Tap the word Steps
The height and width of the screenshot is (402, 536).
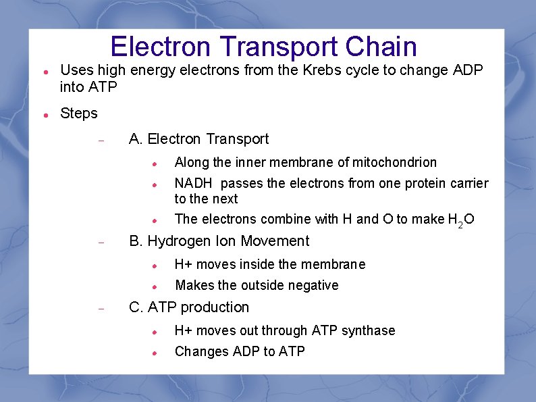click(79, 114)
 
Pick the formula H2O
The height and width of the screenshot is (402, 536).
click(461, 220)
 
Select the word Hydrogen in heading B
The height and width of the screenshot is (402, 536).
click(179, 241)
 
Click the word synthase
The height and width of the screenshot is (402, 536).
click(369, 330)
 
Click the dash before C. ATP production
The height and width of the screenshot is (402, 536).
click(100, 308)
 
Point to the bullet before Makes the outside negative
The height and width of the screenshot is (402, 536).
click(155, 286)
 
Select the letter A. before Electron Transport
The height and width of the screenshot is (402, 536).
click(136, 139)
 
